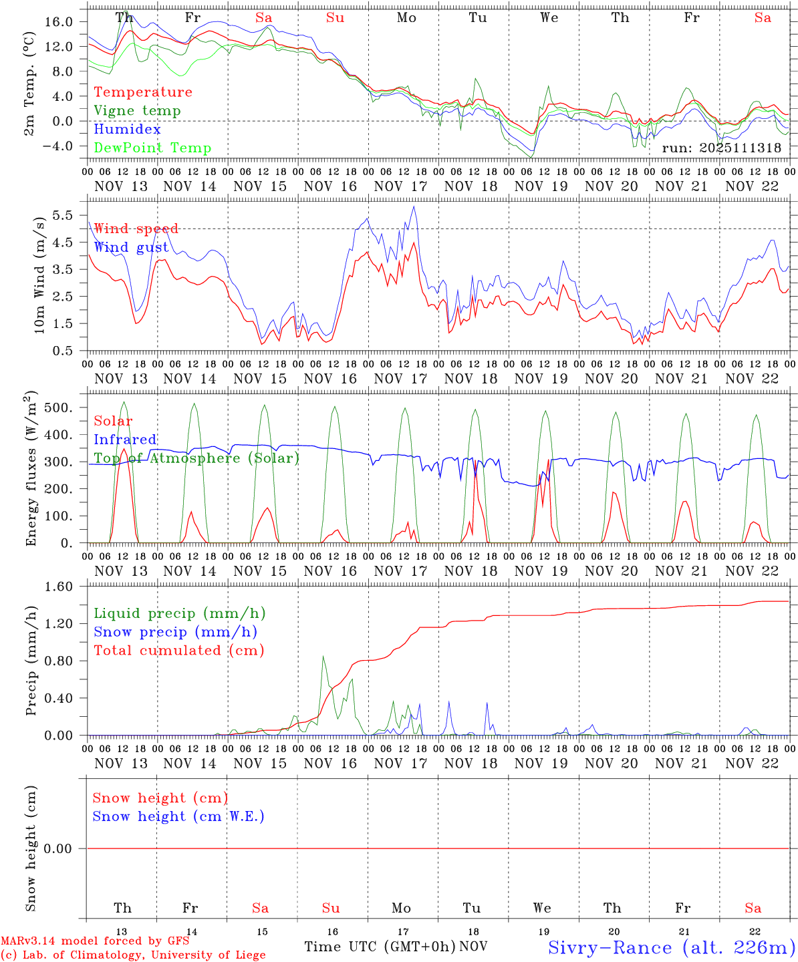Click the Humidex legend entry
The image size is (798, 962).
(x=127, y=130)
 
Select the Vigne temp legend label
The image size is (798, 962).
(x=137, y=111)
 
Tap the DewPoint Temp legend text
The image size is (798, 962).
(x=152, y=148)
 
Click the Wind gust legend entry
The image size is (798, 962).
(x=131, y=248)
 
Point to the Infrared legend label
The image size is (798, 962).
(x=125, y=440)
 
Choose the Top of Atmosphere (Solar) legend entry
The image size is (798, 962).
(x=196, y=458)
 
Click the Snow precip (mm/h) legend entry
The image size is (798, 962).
(x=175, y=632)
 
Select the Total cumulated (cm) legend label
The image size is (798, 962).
(x=178, y=651)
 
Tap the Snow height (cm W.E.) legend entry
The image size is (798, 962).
(x=178, y=816)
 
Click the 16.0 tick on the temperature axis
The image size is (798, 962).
(x=59, y=22)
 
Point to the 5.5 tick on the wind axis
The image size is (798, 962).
(x=65, y=215)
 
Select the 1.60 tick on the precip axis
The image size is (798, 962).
(x=59, y=587)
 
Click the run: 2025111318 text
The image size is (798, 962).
(x=721, y=148)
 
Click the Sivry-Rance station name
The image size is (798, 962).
(x=671, y=947)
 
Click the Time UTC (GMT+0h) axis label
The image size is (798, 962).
(x=380, y=947)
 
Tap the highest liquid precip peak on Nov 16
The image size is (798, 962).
(x=323, y=657)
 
